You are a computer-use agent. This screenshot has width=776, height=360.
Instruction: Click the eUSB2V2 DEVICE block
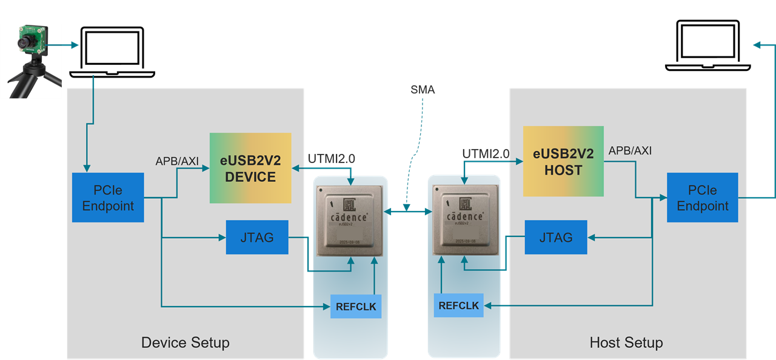tap(250, 168)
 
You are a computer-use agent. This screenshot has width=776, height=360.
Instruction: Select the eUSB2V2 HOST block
tap(563, 161)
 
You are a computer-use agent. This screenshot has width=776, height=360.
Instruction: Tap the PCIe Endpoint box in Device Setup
tap(108, 198)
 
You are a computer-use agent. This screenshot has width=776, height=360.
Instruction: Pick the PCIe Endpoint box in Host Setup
tap(702, 198)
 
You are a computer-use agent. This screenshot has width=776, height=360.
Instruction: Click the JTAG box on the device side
tap(257, 237)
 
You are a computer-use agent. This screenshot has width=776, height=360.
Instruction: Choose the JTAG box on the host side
tap(555, 237)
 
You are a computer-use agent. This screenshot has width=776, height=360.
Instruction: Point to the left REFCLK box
tap(356, 306)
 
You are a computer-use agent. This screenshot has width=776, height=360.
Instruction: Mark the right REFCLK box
tap(458, 305)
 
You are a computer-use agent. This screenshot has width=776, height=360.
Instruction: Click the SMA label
tap(423, 90)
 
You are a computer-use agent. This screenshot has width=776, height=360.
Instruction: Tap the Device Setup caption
tap(185, 342)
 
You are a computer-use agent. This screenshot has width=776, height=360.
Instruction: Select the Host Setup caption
tap(626, 342)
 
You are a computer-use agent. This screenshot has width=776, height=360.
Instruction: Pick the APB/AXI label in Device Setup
tap(177, 161)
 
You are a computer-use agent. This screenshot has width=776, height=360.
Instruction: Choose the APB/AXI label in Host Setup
tap(630, 150)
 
